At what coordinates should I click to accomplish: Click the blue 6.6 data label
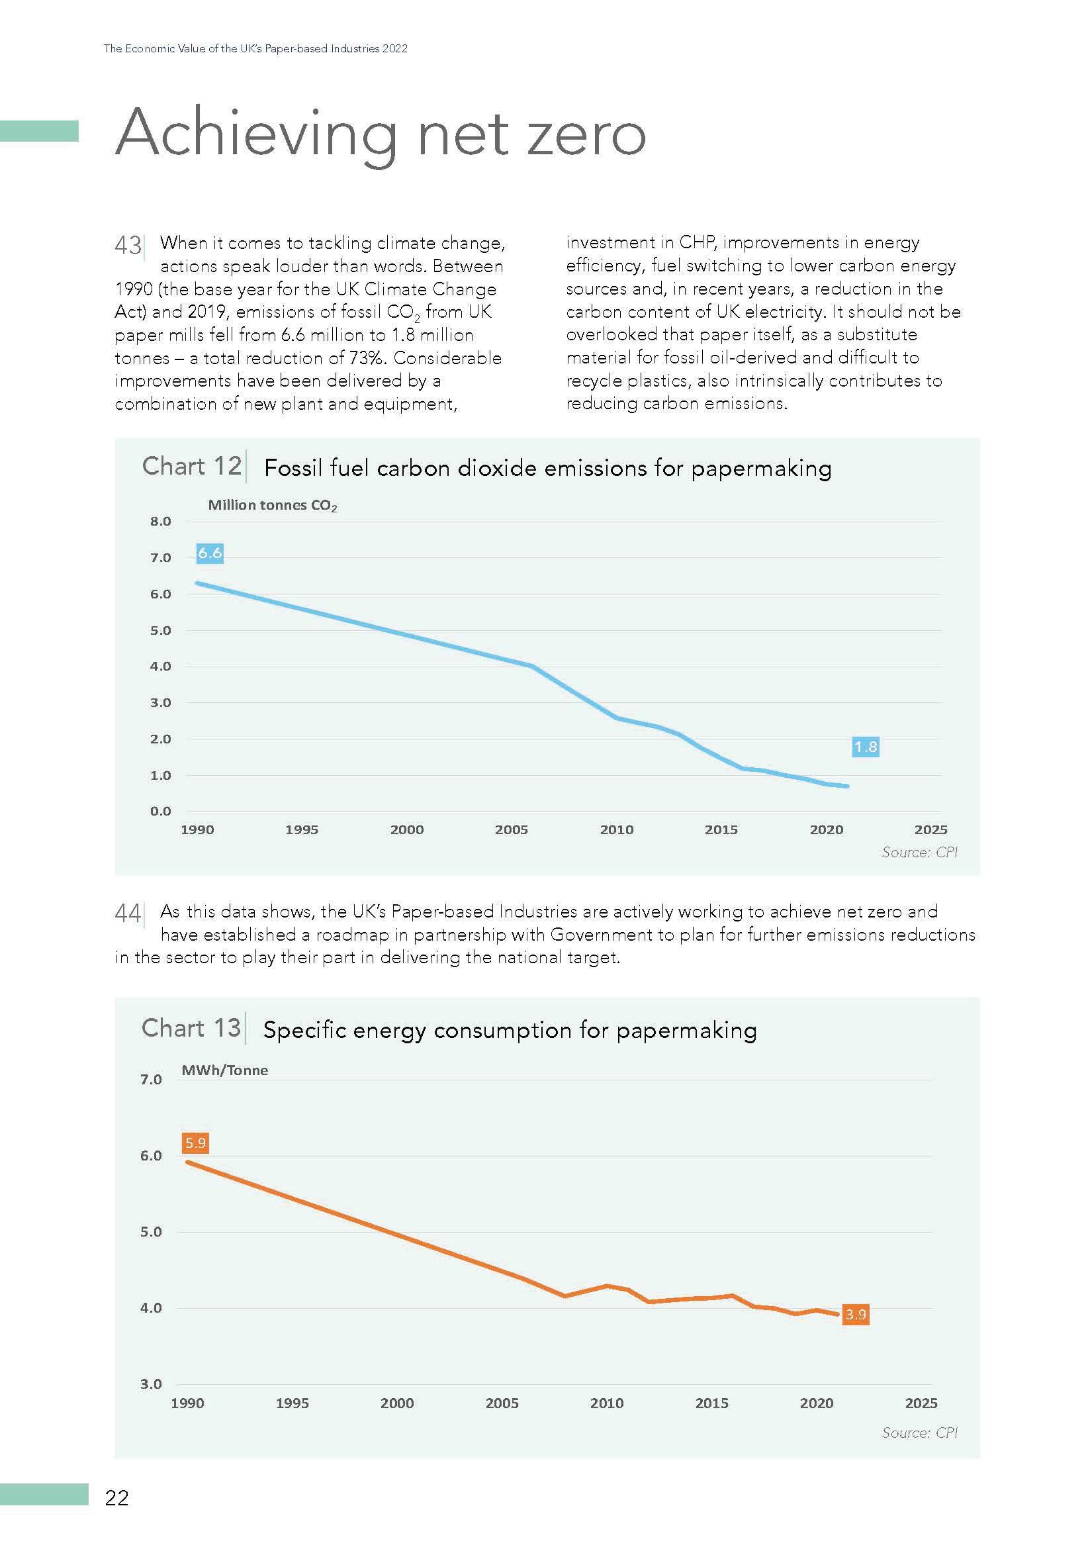(210, 553)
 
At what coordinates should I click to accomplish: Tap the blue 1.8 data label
(866, 747)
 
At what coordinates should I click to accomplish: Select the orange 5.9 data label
(195, 1143)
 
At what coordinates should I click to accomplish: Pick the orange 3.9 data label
(856, 1314)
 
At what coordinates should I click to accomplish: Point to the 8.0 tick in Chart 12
(161, 522)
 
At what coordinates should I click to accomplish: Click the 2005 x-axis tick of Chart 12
(511, 830)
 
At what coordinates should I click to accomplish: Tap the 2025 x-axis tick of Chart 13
(921, 1403)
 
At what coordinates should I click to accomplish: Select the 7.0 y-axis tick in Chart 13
(151, 1080)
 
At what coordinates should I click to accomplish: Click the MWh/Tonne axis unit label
(224, 1070)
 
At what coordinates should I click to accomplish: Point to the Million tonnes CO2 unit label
(272, 505)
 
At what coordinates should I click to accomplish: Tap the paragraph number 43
(128, 246)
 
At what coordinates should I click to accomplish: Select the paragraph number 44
(128, 914)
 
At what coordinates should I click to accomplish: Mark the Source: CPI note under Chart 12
(920, 852)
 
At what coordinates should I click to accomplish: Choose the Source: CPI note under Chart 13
(920, 1433)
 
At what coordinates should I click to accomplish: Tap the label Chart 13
(191, 1028)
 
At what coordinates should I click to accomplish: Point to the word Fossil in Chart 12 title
(291, 468)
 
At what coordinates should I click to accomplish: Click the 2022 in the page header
(394, 49)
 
